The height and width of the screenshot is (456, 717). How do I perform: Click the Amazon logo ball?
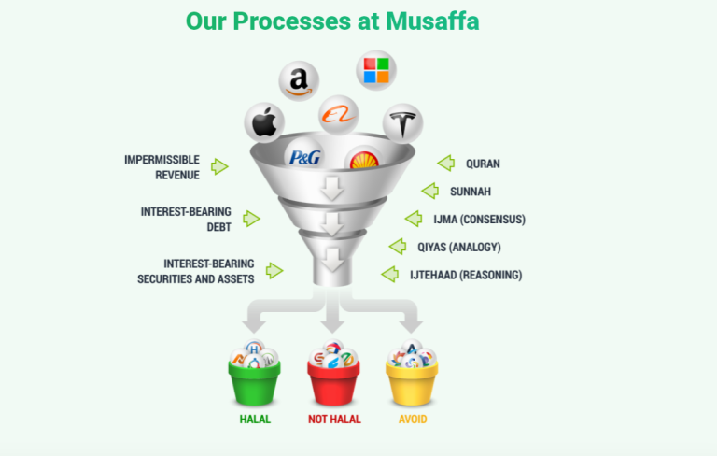pos(299,80)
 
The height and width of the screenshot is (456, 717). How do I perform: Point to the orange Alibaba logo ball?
pos(334,114)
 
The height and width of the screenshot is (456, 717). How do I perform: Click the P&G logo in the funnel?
pos(305,157)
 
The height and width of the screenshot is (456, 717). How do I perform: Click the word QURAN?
pos(483,164)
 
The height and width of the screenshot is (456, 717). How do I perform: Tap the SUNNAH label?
pos(471,192)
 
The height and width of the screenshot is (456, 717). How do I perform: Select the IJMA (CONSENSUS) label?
pos(479,220)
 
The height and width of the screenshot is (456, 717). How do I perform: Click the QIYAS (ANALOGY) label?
pos(472,247)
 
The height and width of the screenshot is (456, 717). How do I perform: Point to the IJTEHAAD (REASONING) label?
pos(465,275)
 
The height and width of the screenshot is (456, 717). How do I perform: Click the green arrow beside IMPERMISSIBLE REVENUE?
pos(219,166)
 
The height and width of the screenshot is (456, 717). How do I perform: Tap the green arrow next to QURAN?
pos(445,164)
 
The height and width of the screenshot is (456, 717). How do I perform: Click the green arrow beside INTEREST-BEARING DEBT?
pos(250,218)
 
